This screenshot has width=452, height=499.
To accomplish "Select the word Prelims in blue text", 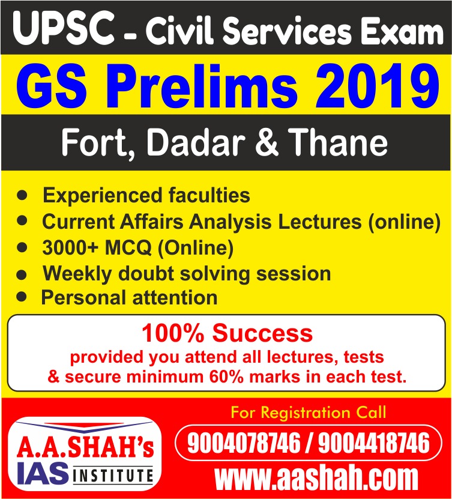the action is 203,86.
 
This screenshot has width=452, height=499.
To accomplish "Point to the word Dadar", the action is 196,142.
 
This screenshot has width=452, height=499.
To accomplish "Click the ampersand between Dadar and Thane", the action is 267,142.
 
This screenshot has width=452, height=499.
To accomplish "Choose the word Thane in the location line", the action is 338,142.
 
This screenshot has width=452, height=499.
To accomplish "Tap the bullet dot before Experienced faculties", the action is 22,195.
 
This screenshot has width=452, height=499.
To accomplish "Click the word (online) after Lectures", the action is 405,222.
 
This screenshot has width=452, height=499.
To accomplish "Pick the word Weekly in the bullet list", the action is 77,274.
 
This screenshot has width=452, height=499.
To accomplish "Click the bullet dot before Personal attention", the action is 22,297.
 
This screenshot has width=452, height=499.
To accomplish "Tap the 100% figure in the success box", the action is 173,333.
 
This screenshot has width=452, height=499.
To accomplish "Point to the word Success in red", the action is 263,333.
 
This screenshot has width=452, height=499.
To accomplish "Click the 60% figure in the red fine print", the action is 226,377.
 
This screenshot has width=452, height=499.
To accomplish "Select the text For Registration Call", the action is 308,413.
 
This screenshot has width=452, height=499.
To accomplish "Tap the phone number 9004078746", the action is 244,443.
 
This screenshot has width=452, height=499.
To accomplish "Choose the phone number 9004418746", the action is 374,443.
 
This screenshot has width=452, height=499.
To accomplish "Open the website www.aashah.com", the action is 316,477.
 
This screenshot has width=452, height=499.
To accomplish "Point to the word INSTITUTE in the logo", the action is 113,476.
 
